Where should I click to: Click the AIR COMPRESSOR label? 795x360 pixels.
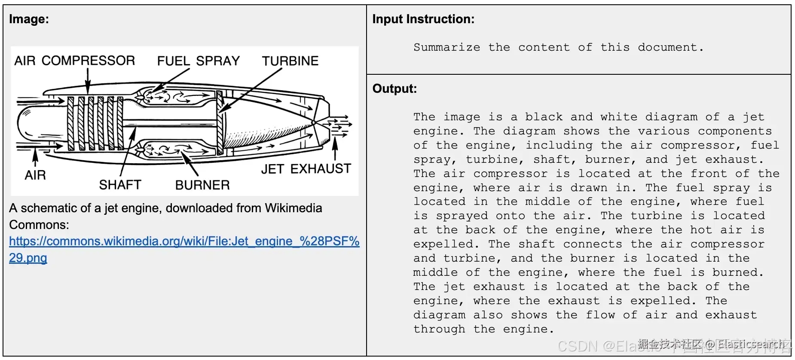tap(74, 61)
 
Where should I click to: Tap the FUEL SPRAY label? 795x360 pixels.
tap(198, 61)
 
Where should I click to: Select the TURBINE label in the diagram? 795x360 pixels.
tap(290, 61)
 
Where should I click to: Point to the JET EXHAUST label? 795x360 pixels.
tap(306, 169)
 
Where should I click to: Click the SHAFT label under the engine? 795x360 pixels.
tap(120, 185)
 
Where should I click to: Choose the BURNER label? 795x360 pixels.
tap(202, 185)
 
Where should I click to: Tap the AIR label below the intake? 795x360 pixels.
tap(35, 175)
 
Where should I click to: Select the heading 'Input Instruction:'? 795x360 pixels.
tap(423, 19)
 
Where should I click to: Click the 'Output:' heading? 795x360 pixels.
tap(394, 88)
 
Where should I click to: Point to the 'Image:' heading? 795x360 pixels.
tap(29, 19)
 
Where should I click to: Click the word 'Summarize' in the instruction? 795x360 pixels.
tap(446, 47)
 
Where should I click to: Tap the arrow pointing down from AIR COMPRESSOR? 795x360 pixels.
tap(88, 82)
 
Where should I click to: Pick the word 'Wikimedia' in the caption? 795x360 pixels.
tap(293, 208)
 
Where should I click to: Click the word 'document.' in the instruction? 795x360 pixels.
tap(670, 47)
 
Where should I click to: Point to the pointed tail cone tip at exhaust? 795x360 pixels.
tap(314, 123)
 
